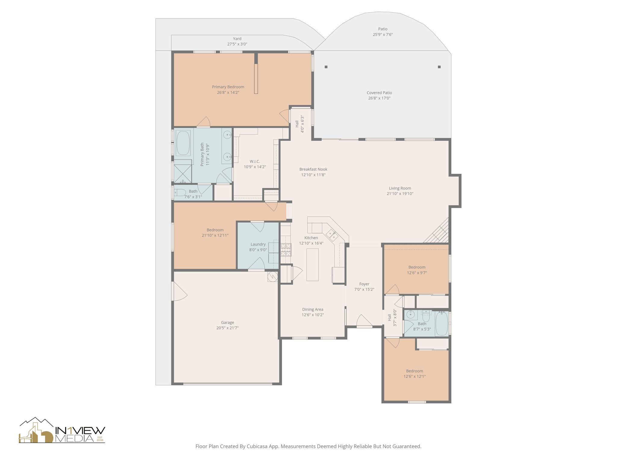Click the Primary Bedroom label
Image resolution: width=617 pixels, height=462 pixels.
[x=228, y=87]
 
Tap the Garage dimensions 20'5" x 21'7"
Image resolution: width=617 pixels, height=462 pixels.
[x=227, y=328]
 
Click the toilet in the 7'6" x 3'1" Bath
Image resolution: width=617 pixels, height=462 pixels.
[x=180, y=192]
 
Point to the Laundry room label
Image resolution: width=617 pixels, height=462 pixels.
[x=258, y=244]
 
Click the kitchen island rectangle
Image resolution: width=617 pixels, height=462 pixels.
[x=312, y=265]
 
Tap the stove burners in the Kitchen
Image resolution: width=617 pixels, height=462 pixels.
[x=286, y=250]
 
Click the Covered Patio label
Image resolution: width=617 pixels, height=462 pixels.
[x=379, y=93]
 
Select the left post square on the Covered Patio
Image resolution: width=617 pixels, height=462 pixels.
[x=326, y=67]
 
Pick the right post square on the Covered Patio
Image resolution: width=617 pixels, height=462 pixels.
[x=439, y=67]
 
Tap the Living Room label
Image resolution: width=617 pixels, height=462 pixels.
[x=400, y=188]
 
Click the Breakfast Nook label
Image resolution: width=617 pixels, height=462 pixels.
[x=313, y=169]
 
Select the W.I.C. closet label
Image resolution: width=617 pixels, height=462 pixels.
[x=255, y=162]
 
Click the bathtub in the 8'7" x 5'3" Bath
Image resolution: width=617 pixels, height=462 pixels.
[x=442, y=323]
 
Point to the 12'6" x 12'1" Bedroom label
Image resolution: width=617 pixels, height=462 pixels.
[x=414, y=371]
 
